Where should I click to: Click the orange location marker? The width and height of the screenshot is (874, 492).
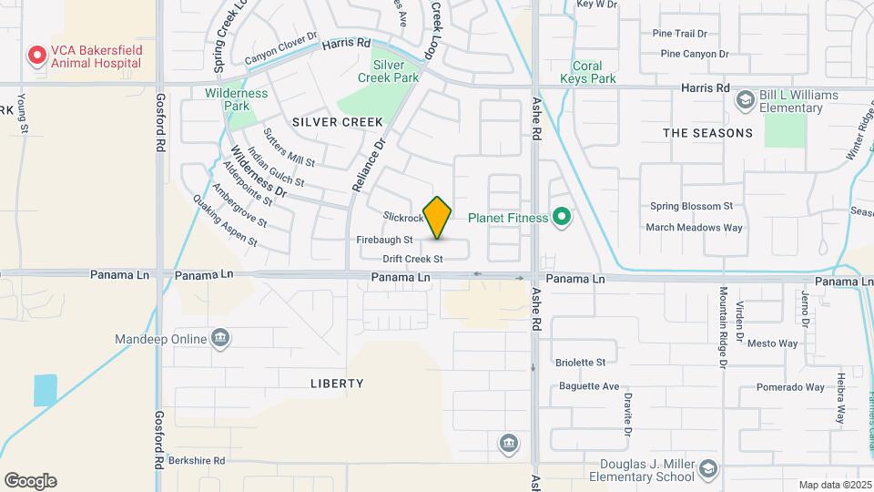[438, 218]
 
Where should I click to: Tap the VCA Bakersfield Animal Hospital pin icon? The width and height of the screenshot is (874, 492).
[36, 56]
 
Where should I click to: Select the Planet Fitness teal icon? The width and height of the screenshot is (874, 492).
[562, 217]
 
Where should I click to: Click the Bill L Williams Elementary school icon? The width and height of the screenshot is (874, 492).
[745, 98]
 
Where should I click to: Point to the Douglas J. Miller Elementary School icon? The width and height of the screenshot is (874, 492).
[708, 470]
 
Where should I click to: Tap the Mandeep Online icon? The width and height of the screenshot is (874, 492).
[219, 338]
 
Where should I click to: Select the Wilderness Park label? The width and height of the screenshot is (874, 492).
[237, 99]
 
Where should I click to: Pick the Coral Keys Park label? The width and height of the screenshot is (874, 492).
[595, 72]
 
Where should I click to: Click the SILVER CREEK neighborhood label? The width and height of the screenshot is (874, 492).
[325, 122]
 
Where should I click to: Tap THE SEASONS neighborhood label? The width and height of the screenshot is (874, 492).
[708, 133]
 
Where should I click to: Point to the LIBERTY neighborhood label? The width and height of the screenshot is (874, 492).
[337, 384]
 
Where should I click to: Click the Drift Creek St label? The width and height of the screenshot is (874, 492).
[413, 259]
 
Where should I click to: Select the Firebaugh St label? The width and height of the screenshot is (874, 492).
[384, 240]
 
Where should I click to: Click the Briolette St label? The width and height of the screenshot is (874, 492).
[580, 362]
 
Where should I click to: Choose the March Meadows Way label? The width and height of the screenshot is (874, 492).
[695, 228]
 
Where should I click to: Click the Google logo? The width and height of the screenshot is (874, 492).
[30, 481]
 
